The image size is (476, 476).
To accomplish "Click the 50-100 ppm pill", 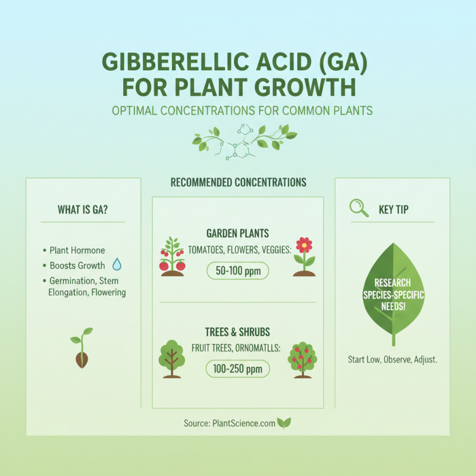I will pyautogui.click(x=238, y=271).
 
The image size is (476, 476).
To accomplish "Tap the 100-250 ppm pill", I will pyautogui.click(x=238, y=369).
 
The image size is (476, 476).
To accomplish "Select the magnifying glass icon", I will pyautogui.click(x=358, y=208).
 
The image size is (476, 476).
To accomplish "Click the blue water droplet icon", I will pyautogui.click(x=117, y=265).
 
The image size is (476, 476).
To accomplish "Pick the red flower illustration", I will pyautogui.click(x=304, y=256).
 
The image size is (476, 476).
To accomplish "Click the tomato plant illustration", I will pyautogui.click(x=172, y=256).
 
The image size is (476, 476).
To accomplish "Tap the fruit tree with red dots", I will pyautogui.click(x=302, y=359).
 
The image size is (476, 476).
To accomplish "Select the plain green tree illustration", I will pyautogui.click(x=172, y=358).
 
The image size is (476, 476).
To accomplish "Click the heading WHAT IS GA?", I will pyautogui.click(x=83, y=209).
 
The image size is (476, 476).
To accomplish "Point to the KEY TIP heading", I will pyautogui.click(x=393, y=209).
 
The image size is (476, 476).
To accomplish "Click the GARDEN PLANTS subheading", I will pyautogui.click(x=237, y=234).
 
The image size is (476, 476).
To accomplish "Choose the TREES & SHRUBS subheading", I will pyautogui.click(x=237, y=332).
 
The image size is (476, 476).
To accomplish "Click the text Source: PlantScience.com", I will pyautogui.click(x=230, y=423).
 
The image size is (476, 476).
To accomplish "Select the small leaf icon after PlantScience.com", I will pyautogui.click(x=284, y=423).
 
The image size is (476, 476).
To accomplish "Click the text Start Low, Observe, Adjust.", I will pyautogui.click(x=392, y=360).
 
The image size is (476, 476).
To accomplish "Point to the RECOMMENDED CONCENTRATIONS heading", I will pyautogui.click(x=238, y=182).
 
